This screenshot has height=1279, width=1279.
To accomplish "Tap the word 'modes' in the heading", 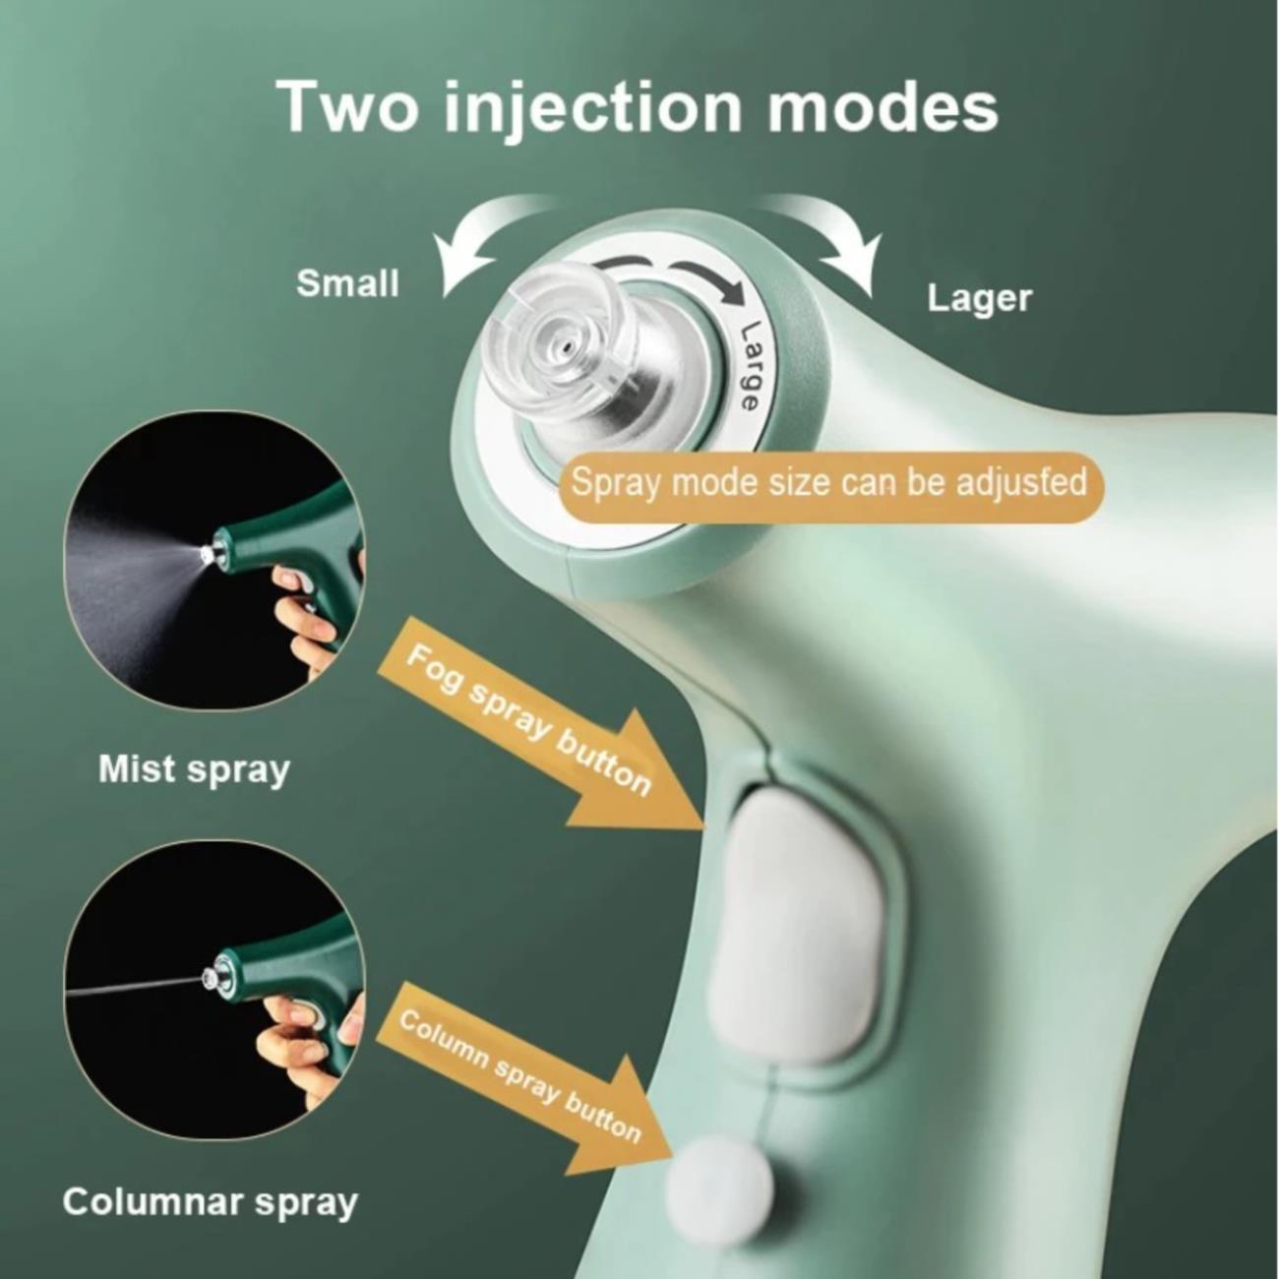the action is (883, 106).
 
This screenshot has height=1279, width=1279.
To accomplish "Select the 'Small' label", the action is (348, 284).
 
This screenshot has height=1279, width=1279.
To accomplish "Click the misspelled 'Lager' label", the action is (980, 299).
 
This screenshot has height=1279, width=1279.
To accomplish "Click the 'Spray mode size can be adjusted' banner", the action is (829, 482).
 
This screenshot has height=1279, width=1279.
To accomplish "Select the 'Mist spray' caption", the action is (195, 770).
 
